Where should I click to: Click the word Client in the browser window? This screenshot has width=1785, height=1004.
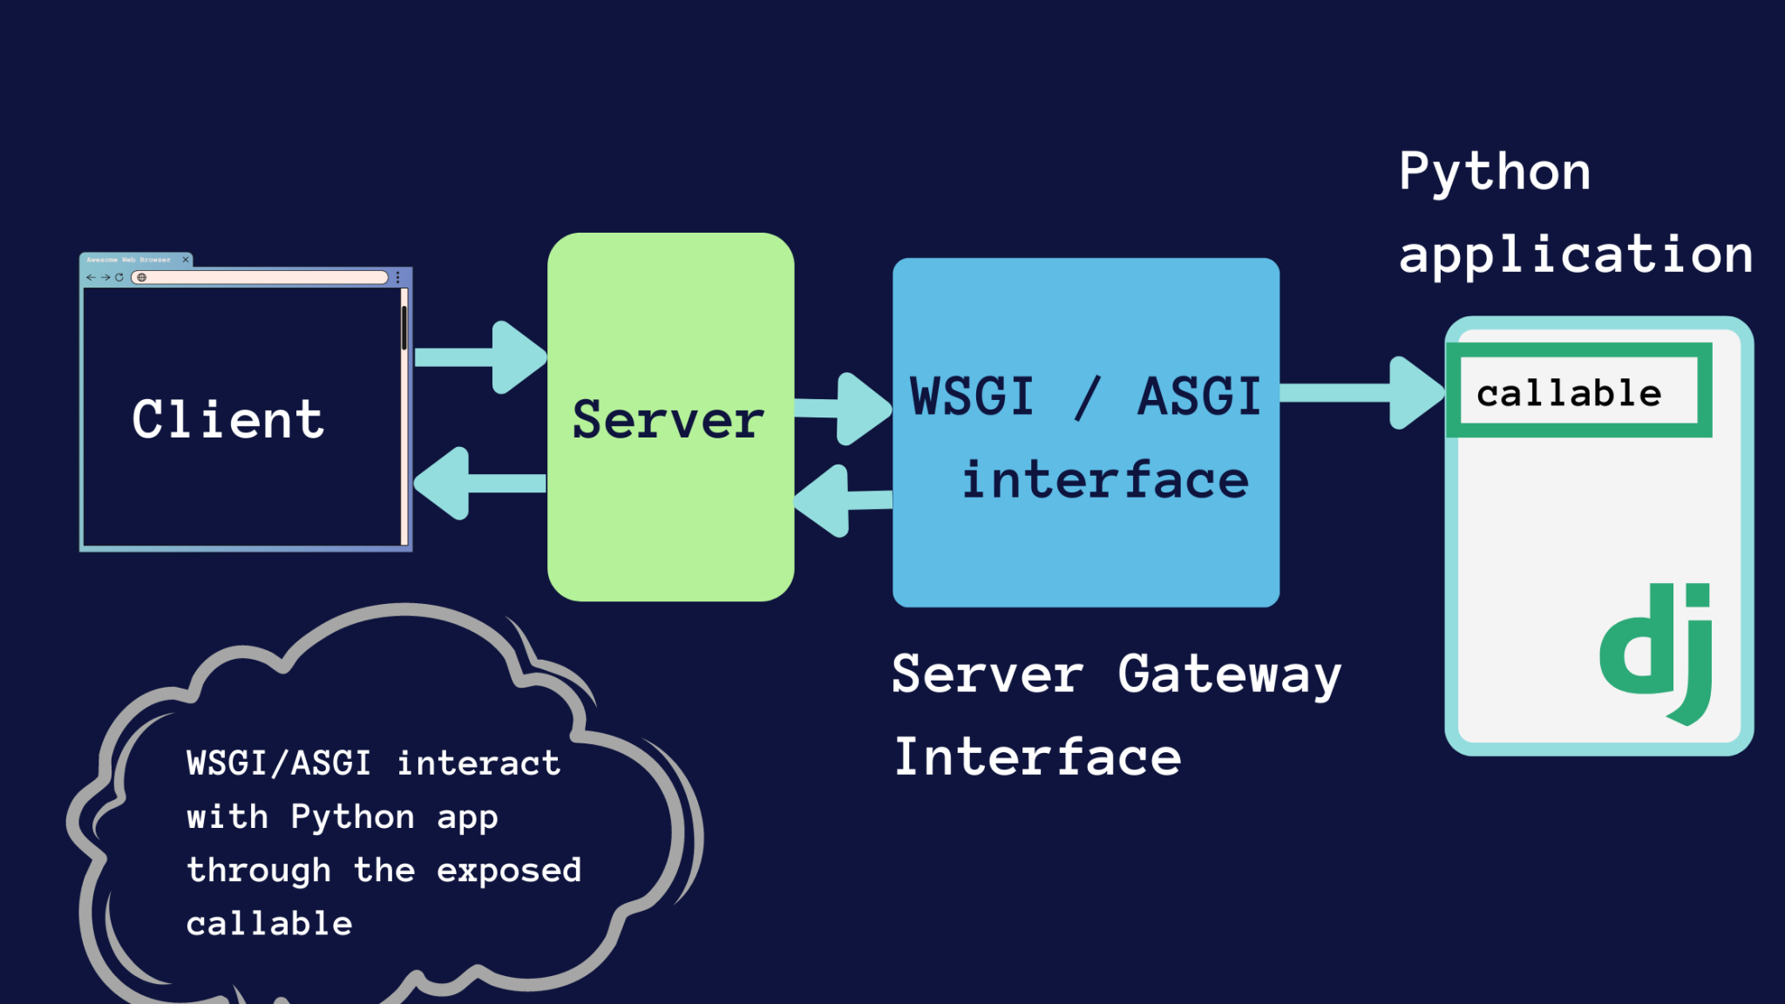click(228, 419)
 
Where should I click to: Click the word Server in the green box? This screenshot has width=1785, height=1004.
click(669, 419)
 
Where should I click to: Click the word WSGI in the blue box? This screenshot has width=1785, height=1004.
click(972, 397)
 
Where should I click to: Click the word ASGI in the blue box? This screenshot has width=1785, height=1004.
click(1199, 397)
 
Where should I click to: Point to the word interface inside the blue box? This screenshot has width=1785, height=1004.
click(1104, 480)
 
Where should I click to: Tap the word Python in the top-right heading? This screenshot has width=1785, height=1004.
click(1495, 172)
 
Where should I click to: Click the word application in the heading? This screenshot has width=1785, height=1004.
click(1575, 254)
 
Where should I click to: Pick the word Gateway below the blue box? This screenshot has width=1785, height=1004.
click(1229, 675)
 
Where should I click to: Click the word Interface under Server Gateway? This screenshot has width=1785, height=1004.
click(1037, 756)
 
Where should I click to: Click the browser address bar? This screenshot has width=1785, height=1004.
click(261, 277)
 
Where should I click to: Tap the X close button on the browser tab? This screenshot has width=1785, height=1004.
click(186, 260)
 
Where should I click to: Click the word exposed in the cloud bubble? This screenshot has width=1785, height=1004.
click(509, 870)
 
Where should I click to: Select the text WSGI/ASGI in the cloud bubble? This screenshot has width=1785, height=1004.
click(279, 763)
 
